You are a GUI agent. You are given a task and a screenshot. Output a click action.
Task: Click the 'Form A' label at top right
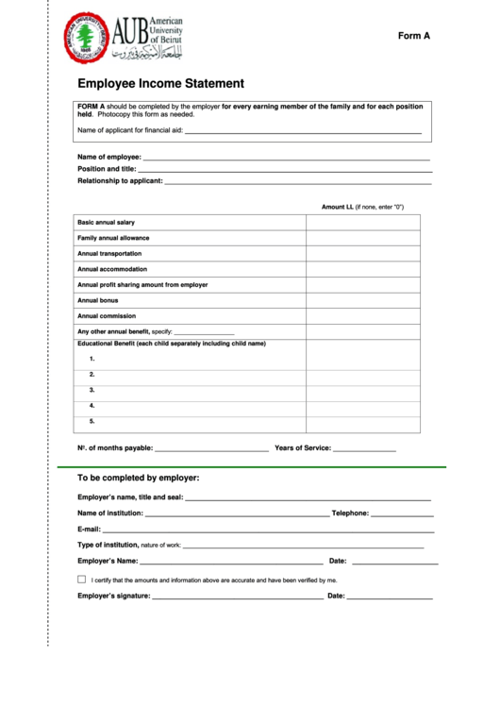point(413,36)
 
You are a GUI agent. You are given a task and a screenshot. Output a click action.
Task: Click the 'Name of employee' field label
point(109,157)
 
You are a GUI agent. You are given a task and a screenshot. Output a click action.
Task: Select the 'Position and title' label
point(107,169)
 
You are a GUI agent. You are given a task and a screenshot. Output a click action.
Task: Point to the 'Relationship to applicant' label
point(120,181)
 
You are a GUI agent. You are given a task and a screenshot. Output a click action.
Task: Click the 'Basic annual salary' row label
point(106,222)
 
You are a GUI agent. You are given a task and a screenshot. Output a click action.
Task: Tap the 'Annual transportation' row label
point(109,254)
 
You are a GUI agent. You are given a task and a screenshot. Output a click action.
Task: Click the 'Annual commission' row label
point(107,316)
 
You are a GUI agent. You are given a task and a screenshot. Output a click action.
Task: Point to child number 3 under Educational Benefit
point(92,390)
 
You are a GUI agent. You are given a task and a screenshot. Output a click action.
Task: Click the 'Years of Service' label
point(302,448)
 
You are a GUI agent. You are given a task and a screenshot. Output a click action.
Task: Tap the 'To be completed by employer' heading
point(138,478)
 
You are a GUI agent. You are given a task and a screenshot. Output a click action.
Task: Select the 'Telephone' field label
point(350,514)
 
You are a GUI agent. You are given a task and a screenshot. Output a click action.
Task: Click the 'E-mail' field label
point(89,530)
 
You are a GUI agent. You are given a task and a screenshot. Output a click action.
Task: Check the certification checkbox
point(81,580)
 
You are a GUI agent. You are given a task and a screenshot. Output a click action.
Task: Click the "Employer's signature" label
point(113,597)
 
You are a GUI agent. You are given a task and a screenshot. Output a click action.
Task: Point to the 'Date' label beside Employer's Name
point(337,562)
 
